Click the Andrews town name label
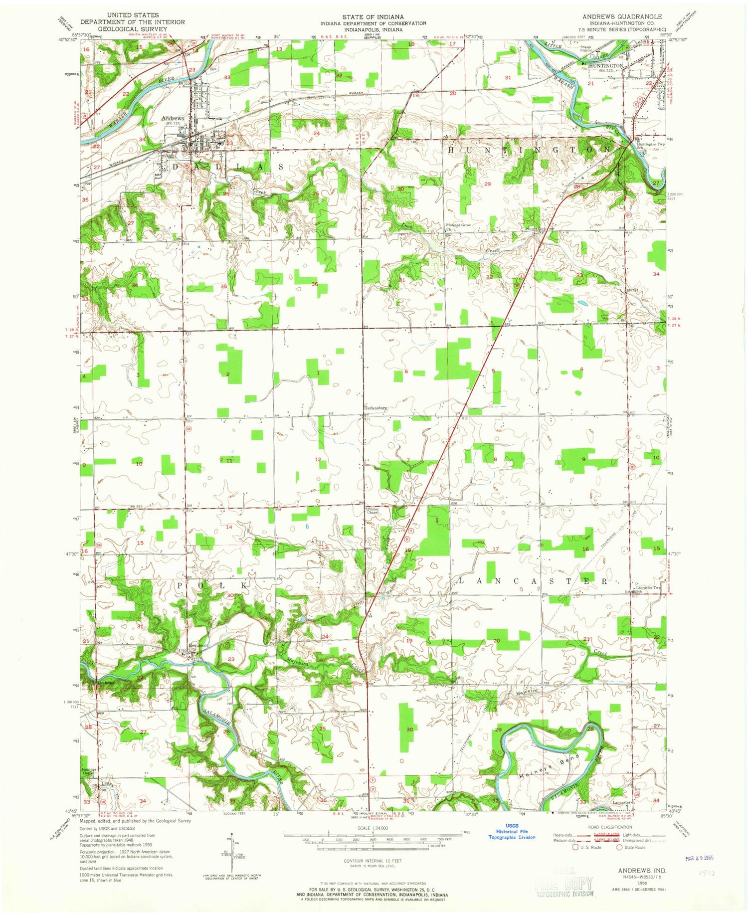[173, 118]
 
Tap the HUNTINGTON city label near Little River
[605, 65]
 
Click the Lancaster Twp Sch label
[648, 589]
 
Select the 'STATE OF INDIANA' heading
[373, 16]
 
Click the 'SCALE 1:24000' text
[373, 828]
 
